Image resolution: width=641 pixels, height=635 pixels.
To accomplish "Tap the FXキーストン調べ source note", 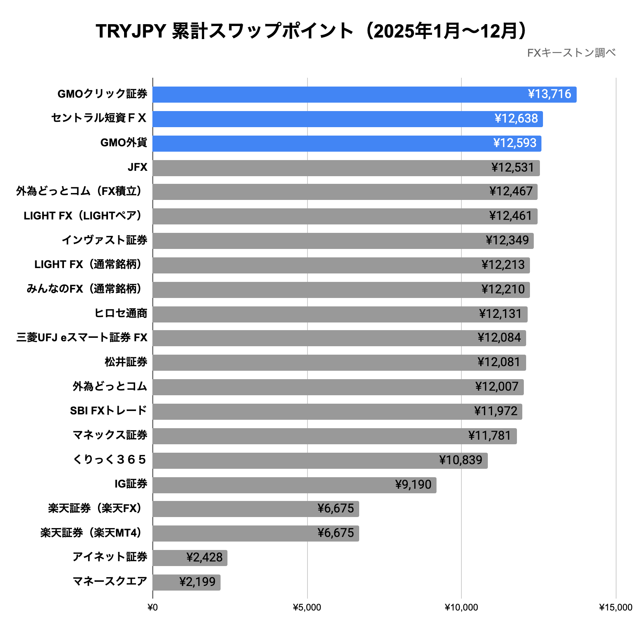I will point(571,53).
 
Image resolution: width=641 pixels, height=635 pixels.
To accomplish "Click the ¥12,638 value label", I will point(516,119).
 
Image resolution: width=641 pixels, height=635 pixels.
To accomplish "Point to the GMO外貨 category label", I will point(123,143).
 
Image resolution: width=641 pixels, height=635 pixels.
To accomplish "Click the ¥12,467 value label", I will point(511,191).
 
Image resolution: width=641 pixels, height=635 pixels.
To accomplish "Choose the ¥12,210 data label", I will point(503,290).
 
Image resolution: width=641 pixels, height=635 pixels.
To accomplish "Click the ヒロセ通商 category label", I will point(121,314).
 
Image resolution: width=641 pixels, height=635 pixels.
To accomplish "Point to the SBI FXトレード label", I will point(108,411).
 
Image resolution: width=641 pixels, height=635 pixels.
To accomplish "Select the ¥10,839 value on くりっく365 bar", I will point(461,460).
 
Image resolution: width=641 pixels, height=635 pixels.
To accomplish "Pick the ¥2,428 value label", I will point(204,558).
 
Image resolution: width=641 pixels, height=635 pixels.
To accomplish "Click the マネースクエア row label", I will point(110,582).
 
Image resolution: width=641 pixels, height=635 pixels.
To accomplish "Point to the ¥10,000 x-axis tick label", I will point(461,608).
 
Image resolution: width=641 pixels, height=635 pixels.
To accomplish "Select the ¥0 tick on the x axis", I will point(152,608).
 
